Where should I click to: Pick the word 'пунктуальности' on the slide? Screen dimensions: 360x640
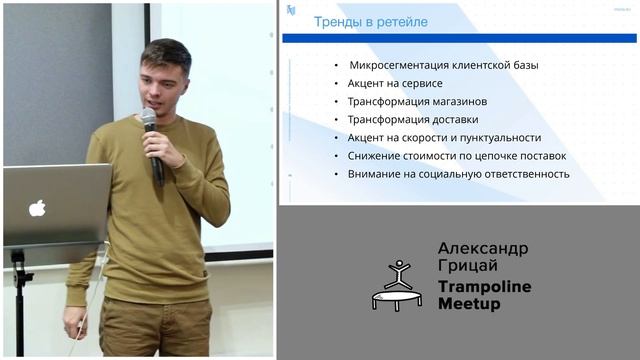pyautogui.click(x=499, y=137)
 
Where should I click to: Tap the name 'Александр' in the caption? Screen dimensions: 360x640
pyautogui.click(x=483, y=248)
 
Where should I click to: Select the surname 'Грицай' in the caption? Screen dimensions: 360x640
pyautogui.click(x=464, y=266)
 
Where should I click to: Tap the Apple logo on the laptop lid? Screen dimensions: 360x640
pyautogui.click(x=37, y=208)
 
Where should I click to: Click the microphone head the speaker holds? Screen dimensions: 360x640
pyautogui.click(x=149, y=119)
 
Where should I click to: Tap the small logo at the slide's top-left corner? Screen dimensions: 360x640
pyautogui.click(x=290, y=9)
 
